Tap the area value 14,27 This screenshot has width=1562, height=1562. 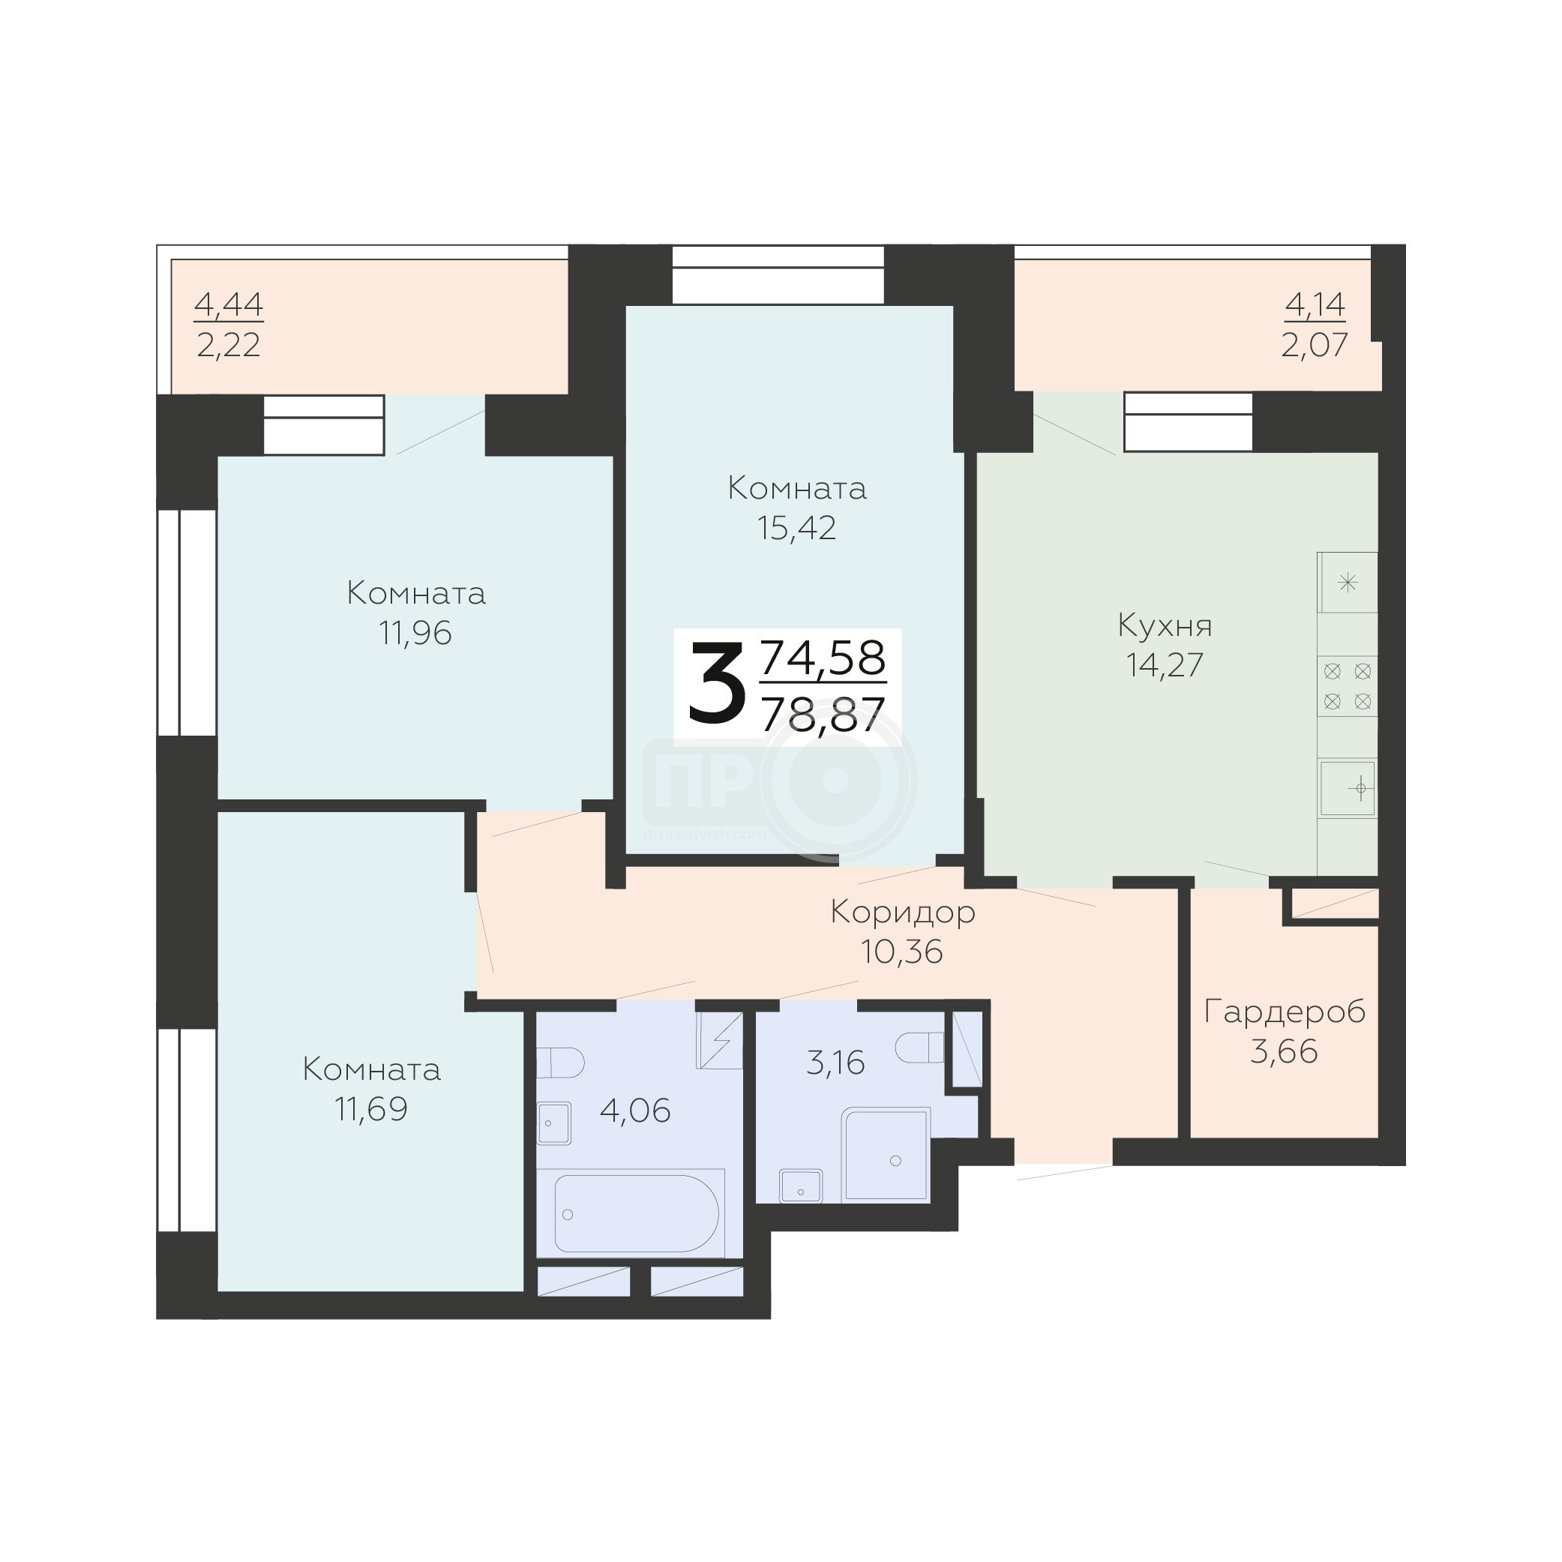tap(1165, 665)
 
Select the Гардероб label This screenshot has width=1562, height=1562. tap(1285, 1012)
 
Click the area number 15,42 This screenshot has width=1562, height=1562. tap(797, 528)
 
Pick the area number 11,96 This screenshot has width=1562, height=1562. tap(415, 634)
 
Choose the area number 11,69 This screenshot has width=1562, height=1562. tap(371, 1109)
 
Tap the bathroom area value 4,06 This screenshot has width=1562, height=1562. tap(635, 1111)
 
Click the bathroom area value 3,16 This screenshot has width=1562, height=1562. tap(836, 1063)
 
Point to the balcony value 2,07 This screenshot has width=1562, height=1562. tap(1315, 345)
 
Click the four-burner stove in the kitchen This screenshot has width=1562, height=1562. tap(1348, 685)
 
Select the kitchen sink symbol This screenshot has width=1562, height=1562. tap(1348, 788)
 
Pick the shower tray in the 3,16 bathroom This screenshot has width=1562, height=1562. tap(886, 1154)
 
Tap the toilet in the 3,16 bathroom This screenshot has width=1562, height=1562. tap(920, 1048)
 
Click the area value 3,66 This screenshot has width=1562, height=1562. tap(1284, 1052)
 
